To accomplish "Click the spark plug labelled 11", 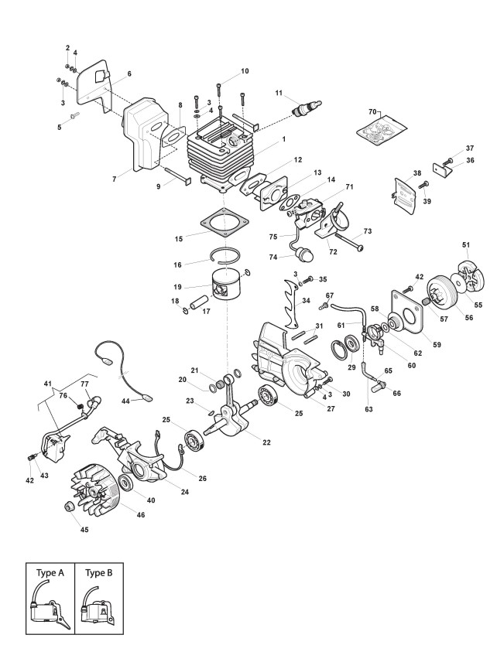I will click(305, 107).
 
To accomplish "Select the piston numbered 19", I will click(235, 289).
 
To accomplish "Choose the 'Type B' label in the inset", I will click(99, 573).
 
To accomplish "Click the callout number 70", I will click(372, 112).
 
